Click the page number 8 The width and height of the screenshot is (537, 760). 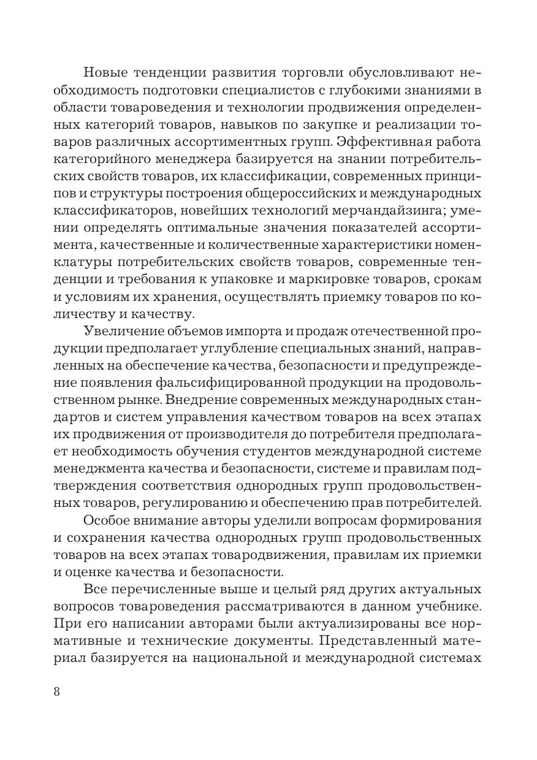tap(57, 693)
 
